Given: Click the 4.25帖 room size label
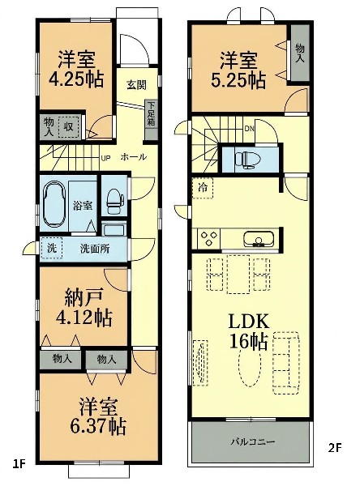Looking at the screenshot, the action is tap(76, 79).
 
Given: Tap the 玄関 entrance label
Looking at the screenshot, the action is tap(136, 84).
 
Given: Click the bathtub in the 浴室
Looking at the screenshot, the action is tap(54, 204).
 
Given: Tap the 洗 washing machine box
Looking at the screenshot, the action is tap(52, 248).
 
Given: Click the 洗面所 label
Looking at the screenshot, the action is tap(95, 249).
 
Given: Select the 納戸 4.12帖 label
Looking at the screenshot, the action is tap(84, 307).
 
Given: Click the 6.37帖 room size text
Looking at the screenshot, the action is tap(98, 427).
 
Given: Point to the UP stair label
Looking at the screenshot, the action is tap(105, 159).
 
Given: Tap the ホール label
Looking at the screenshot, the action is tap(133, 157).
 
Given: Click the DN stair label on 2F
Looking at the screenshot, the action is tap(249, 129).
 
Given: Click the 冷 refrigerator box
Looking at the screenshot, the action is tap(203, 188).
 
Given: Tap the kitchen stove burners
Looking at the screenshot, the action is tap(208, 239).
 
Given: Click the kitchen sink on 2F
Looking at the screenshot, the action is tap(259, 239).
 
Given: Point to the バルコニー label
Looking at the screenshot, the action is tap(252, 441).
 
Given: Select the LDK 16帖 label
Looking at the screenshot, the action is tap(249, 331).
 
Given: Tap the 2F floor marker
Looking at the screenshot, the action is tap(335, 448).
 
